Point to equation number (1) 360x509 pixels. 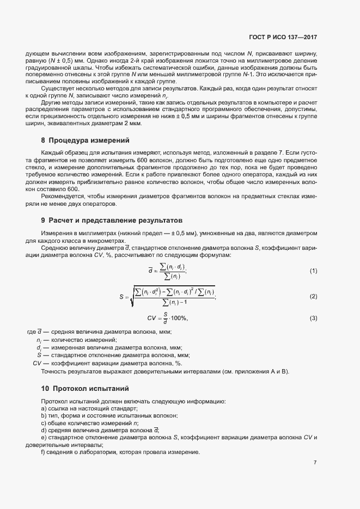pyautogui.click(x=313, y=271)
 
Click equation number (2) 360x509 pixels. pyautogui.click(x=313, y=296)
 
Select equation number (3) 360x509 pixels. pyautogui.click(x=313, y=318)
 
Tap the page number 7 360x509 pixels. pyautogui.click(x=315, y=462)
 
